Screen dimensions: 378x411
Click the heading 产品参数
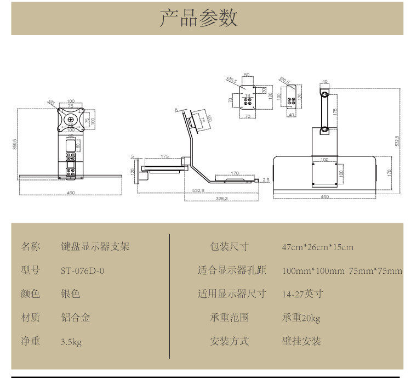[199, 18]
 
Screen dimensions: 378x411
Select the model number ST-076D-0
[82, 270]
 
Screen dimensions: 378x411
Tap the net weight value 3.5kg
[71, 342]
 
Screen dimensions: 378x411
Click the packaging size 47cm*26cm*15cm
[317, 247]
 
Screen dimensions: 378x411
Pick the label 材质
[31, 317]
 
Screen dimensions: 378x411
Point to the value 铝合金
[75, 317]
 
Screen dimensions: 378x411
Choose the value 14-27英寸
[302, 294]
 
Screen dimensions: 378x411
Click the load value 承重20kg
[301, 318]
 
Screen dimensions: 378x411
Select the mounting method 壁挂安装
[301, 341]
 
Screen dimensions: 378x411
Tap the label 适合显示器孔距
[232, 270]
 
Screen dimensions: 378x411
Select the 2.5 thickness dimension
[266, 179]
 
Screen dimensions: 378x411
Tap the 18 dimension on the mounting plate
[247, 95]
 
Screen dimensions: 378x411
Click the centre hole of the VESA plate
[71, 119]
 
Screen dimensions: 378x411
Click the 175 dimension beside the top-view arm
[334, 111]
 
